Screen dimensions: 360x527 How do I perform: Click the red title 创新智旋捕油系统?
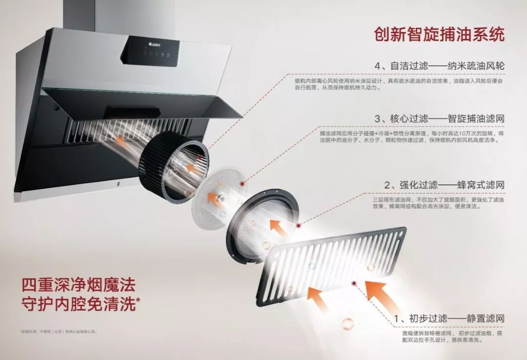439,34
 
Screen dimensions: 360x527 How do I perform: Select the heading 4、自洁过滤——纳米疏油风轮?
439,65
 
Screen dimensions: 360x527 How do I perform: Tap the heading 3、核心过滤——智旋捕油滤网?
439,119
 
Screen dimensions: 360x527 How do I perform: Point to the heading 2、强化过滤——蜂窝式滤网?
444,185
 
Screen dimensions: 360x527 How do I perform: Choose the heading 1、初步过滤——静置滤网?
449,319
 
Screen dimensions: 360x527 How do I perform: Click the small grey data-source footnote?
59,332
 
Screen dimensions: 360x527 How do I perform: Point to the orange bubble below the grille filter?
347,323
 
